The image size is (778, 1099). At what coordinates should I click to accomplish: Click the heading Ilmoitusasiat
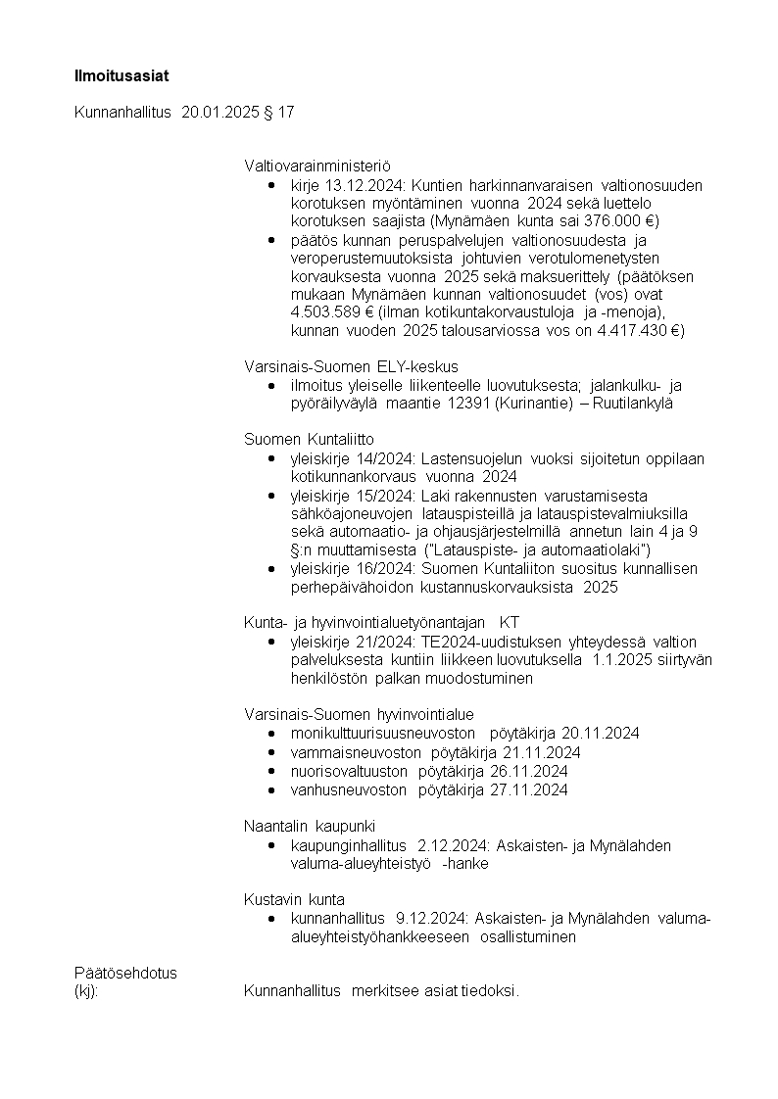click(x=115, y=75)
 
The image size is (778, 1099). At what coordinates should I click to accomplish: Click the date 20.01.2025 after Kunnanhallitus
click(x=219, y=113)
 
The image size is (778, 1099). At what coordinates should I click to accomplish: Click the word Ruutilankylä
click(x=627, y=404)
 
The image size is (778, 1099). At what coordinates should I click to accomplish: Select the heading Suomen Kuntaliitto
click(x=309, y=440)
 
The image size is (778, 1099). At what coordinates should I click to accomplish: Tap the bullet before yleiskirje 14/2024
click(x=271, y=458)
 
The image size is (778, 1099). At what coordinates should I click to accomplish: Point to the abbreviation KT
click(x=509, y=622)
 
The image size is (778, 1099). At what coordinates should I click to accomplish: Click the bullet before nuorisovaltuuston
click(x=271, y=771)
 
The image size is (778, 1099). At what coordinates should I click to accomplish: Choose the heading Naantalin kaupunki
click(x=310, y=826)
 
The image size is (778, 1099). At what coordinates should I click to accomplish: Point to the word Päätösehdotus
click(x=125, y=973)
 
